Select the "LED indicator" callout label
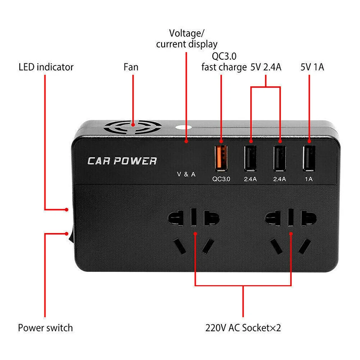click(x=46, y=67)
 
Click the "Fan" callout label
click(x=131, y=67)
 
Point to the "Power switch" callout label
click(x=45, y=327)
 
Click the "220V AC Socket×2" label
click(x=243, y=327)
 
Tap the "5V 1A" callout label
click(x=312, y=67)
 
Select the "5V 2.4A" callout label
click(x=265, y=67)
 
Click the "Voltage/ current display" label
click(x=186, y=38)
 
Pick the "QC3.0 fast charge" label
click(x=224, y=62)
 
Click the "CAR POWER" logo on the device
click(x=122, y=161)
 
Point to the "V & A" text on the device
click(x=185, y=174)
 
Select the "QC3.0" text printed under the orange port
click(x=221, y=178)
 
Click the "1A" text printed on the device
click(x=309, y=178)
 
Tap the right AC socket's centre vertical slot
click(x=291, y=217)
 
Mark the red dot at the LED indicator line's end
click(x=66, y=209)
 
